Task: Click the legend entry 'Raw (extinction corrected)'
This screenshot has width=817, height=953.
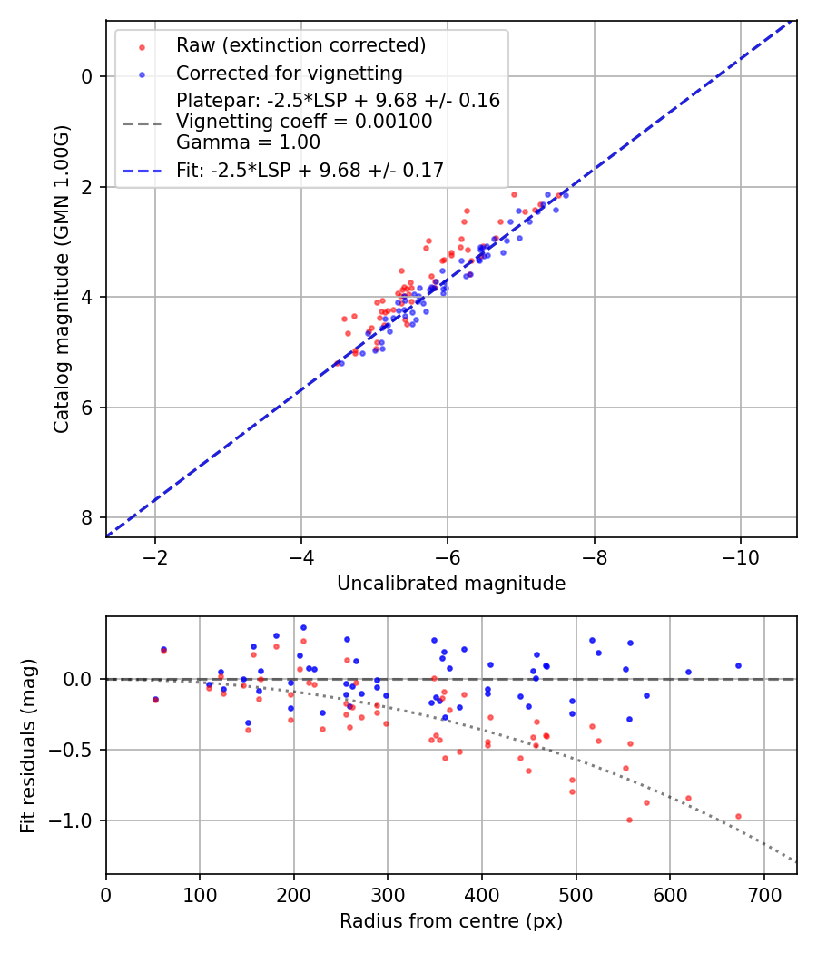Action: click(300, 45)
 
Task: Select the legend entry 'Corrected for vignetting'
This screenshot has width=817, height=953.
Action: click(289, 73)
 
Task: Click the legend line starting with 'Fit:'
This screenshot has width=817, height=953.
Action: click(310, 170)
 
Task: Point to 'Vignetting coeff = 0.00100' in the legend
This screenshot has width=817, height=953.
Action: click(304, 122)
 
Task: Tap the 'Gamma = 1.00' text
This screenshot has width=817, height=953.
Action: click(248, 142)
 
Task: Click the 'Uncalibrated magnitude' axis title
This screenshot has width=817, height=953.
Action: click(451, 584)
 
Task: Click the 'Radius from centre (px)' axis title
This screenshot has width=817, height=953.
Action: click(451, 921)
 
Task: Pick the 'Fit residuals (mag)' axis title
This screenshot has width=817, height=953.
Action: click(28, 744)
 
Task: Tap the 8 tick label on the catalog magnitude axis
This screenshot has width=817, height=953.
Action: click(87, 517)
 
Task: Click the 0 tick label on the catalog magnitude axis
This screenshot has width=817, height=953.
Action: click(87, 76)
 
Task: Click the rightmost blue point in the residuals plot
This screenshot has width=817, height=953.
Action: click(738, 665)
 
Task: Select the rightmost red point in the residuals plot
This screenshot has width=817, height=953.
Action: click(738, 816)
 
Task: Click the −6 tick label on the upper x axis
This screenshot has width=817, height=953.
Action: click(448, 555)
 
